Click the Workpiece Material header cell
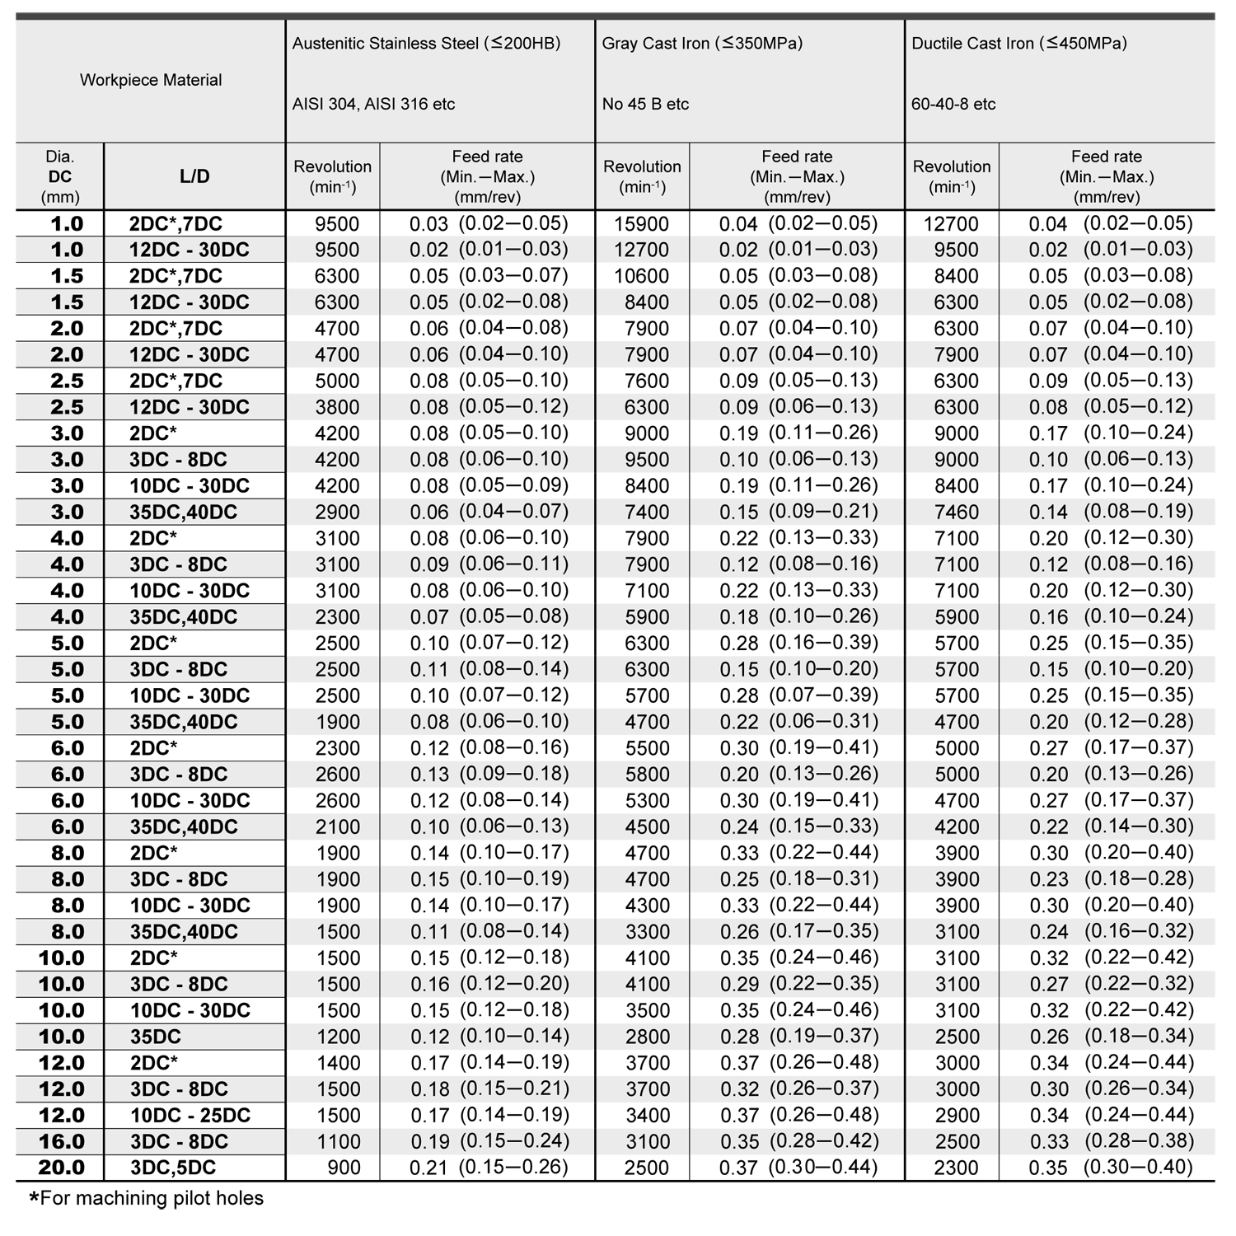point(151,80)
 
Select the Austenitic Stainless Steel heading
point(426,44)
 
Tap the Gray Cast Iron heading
point(702,44)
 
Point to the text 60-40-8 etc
point(953,104)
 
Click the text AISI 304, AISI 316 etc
point(373,104)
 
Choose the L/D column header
point(194,176)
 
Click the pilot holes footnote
point(146,1198)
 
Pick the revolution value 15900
point(642,224)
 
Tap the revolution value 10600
point(642,276)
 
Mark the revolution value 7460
point(956,513)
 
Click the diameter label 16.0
point(62,1141)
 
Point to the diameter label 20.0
point(62,1168)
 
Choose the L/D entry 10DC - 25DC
point(190,1115)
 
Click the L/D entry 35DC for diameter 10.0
point(156,1037)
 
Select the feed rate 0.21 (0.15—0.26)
point(489,1168)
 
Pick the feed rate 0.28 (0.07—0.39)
point(798,695)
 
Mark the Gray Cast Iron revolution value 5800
point(647,775)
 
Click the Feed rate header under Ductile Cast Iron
point(1107,176)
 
